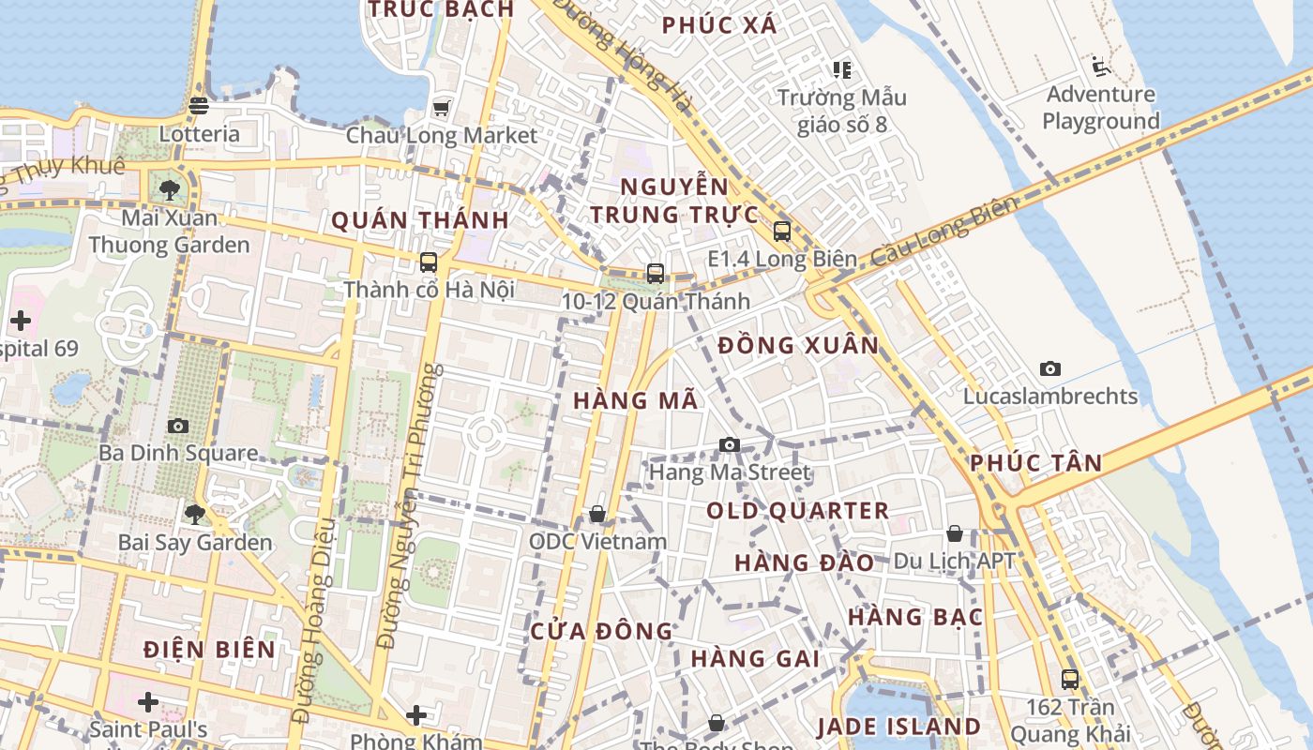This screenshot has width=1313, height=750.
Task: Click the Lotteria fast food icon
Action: pyautogui.click(x=198, y=106)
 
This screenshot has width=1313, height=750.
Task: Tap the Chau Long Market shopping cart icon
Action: pyautogui.click(x=441, y=108)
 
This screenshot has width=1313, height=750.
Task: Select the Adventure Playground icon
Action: pyautogui.click(x=1100, y=67)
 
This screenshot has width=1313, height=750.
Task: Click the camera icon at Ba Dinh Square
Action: pyautogui.click(x=178, y=427)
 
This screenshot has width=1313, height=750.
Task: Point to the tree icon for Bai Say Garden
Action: pyautogui.click(x=195, y=514)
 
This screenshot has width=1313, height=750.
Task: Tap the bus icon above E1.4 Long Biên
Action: pyautogui.click(x=782, y=231)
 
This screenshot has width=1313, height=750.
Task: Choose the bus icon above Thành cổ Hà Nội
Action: pyautogui.click(x=429, y=262)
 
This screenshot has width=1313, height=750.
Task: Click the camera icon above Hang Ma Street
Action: pyautogui.click(x=730, y=444)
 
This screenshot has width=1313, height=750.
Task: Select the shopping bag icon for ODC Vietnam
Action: pyautogui.click(x=597, y=514)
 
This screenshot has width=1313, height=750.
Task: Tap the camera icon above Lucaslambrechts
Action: pyautogui.click(x=1050, y=368)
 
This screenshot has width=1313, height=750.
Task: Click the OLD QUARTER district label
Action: pyautogui.click(x=797, y=511)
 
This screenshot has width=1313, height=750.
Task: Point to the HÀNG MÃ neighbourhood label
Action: pyautogui.click(x=636, y=401)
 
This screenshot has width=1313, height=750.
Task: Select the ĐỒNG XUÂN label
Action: pyautogui.click(x=798, y=346)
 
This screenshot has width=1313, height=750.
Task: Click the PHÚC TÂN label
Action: pyautogui.click(x=1035, y=463)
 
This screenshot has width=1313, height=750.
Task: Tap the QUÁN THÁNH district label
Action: pyautogui.click(x=420, y=221)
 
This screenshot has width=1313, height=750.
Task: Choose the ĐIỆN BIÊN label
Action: pyautogui.click(x=210, y=650)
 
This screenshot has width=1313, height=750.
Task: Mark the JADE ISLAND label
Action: pyautogui.click(x=898, y=727)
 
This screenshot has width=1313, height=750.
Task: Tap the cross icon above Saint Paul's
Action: pyautogui.click(x=148, y=701)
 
